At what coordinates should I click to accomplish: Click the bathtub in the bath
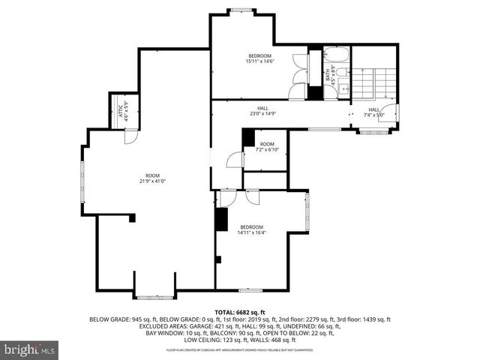point(336,55)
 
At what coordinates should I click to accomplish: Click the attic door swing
point(130,137)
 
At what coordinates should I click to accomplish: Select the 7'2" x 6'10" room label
point(267,147)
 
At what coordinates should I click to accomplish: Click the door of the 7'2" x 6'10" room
point(235,160)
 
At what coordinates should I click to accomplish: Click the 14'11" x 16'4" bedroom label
point(251,229)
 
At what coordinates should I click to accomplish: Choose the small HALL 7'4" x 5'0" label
point(374,112)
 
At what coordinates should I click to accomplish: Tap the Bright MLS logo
point(30,349)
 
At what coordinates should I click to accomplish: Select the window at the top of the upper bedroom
point(240,10)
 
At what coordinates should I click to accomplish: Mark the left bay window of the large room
point(83,181)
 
